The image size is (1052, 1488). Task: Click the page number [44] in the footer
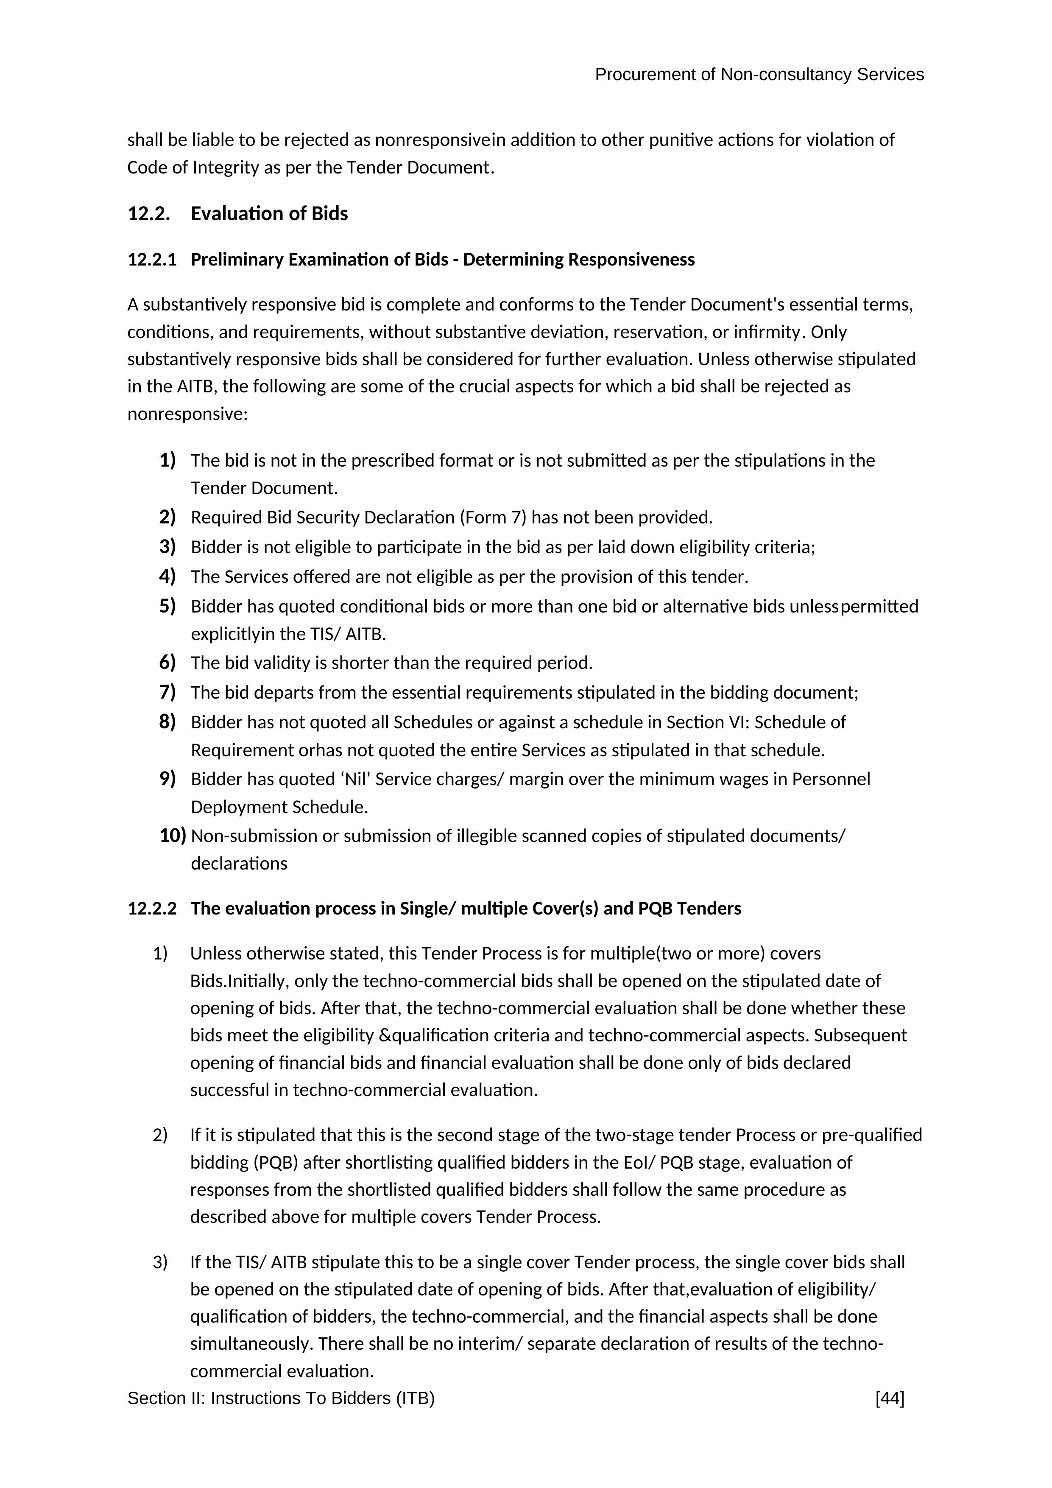coord(890,1398)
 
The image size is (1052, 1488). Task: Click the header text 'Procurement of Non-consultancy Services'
coord(759,75)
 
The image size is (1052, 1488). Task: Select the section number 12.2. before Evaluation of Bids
coord(149,214)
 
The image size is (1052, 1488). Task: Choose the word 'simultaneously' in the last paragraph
coord(251,1343)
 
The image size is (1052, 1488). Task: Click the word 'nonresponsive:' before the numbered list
coord(187,414)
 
